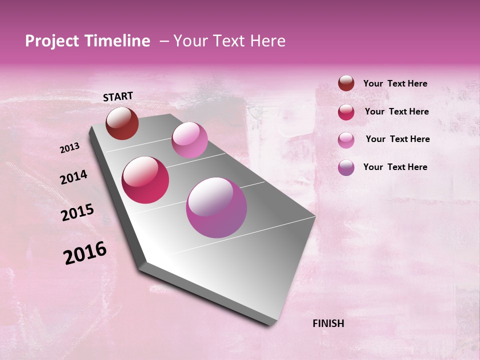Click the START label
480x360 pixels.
118,96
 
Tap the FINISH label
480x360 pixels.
328,323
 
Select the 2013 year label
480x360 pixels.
69,148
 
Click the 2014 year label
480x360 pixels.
73,177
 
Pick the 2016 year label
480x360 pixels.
85,253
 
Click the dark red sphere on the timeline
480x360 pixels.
122,123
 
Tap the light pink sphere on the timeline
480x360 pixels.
189,140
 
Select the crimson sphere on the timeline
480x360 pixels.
145,180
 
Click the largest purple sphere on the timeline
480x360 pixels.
216,207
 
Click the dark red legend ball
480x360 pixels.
346,83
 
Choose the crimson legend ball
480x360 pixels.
346,112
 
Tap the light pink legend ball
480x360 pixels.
346,139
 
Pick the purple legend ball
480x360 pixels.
346,167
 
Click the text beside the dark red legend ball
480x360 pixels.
395,83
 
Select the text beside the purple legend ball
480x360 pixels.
395,167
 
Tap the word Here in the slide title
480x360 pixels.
267,41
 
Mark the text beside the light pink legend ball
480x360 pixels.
397,139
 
